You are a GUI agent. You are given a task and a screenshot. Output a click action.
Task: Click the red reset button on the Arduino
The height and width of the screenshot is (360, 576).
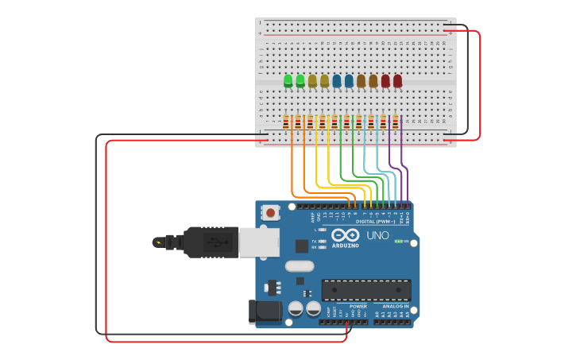271,212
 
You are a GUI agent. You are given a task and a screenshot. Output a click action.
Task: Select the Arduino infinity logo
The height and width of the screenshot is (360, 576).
346,235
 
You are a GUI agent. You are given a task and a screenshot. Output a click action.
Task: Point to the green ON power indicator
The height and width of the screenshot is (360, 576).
399,241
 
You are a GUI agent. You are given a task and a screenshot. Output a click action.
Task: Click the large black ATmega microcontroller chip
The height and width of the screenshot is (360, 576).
366,290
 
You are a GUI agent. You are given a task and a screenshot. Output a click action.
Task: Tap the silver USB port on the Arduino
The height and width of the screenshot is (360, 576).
259,242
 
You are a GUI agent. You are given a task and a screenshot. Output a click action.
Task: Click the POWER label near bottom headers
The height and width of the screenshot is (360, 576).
358,306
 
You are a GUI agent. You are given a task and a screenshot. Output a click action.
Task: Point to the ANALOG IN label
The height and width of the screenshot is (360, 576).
395,306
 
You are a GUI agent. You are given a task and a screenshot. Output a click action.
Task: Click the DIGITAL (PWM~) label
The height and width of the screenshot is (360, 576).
375,222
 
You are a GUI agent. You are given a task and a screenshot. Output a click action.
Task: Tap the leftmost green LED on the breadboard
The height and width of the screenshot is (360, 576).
288,80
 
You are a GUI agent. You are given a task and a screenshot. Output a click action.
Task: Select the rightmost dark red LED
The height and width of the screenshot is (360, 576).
397,80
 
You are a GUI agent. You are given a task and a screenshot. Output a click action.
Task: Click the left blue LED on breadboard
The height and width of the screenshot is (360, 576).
337,80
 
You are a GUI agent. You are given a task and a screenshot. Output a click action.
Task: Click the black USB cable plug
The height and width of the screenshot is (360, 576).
211,242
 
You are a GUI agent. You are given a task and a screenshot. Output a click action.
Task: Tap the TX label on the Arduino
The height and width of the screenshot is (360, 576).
314,240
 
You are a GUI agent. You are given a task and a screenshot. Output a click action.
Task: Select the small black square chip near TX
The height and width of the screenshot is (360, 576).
301,246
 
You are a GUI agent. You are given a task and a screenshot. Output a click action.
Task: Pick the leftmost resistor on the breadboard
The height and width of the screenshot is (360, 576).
286,122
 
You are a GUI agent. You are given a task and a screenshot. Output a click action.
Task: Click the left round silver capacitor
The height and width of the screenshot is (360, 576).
296,308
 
